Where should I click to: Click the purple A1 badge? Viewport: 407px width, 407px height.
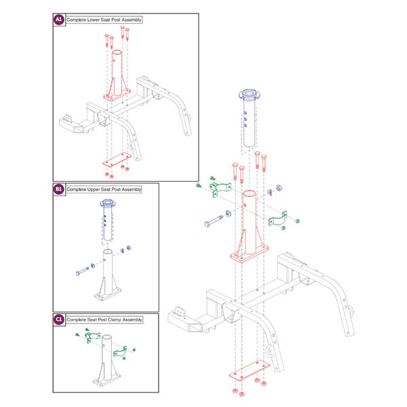58,20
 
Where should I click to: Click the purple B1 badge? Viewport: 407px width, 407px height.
58,190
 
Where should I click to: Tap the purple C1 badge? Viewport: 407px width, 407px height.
58,319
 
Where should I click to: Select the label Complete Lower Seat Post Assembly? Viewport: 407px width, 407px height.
104,20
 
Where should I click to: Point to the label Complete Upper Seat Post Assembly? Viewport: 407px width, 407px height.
104,190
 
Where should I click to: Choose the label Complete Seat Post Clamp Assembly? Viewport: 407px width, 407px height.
104,319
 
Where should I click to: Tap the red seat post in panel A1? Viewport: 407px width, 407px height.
117,75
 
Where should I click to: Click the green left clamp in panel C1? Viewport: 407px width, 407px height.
92,338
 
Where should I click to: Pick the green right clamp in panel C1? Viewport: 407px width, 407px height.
120,353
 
